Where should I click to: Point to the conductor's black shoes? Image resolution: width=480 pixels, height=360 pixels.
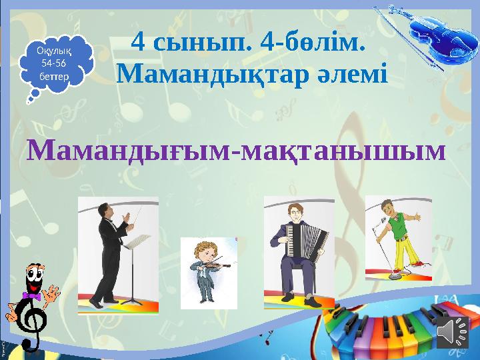[x=97, y=303]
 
